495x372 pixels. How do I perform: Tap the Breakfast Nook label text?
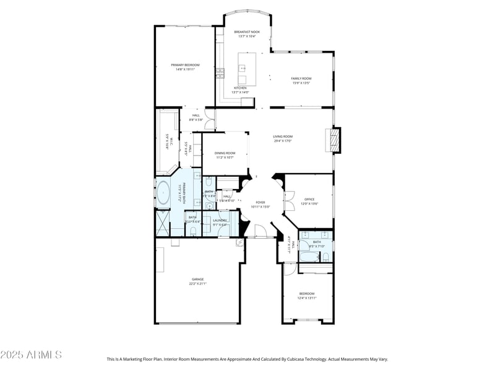tap(247, 32)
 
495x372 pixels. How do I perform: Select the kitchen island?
tap(247, 69)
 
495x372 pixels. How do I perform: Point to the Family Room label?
tap(301, 78)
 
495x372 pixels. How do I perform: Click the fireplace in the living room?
tap(334, 140)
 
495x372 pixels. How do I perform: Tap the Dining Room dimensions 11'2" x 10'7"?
tap(225, 157)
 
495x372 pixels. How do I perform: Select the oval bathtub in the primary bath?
tap(163, 193)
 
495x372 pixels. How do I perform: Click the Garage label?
tap(197, 280)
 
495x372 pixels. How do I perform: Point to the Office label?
tap(309, 199)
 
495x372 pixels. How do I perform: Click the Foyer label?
tap(260, 202)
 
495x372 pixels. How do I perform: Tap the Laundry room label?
tap(220, 220)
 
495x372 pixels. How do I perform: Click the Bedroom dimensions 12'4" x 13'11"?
tap(307, 298)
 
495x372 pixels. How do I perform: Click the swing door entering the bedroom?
tap(289, 269)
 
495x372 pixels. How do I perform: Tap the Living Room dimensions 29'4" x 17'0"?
tap(283, 141)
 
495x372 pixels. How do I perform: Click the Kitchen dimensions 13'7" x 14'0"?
tap(240, 92)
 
